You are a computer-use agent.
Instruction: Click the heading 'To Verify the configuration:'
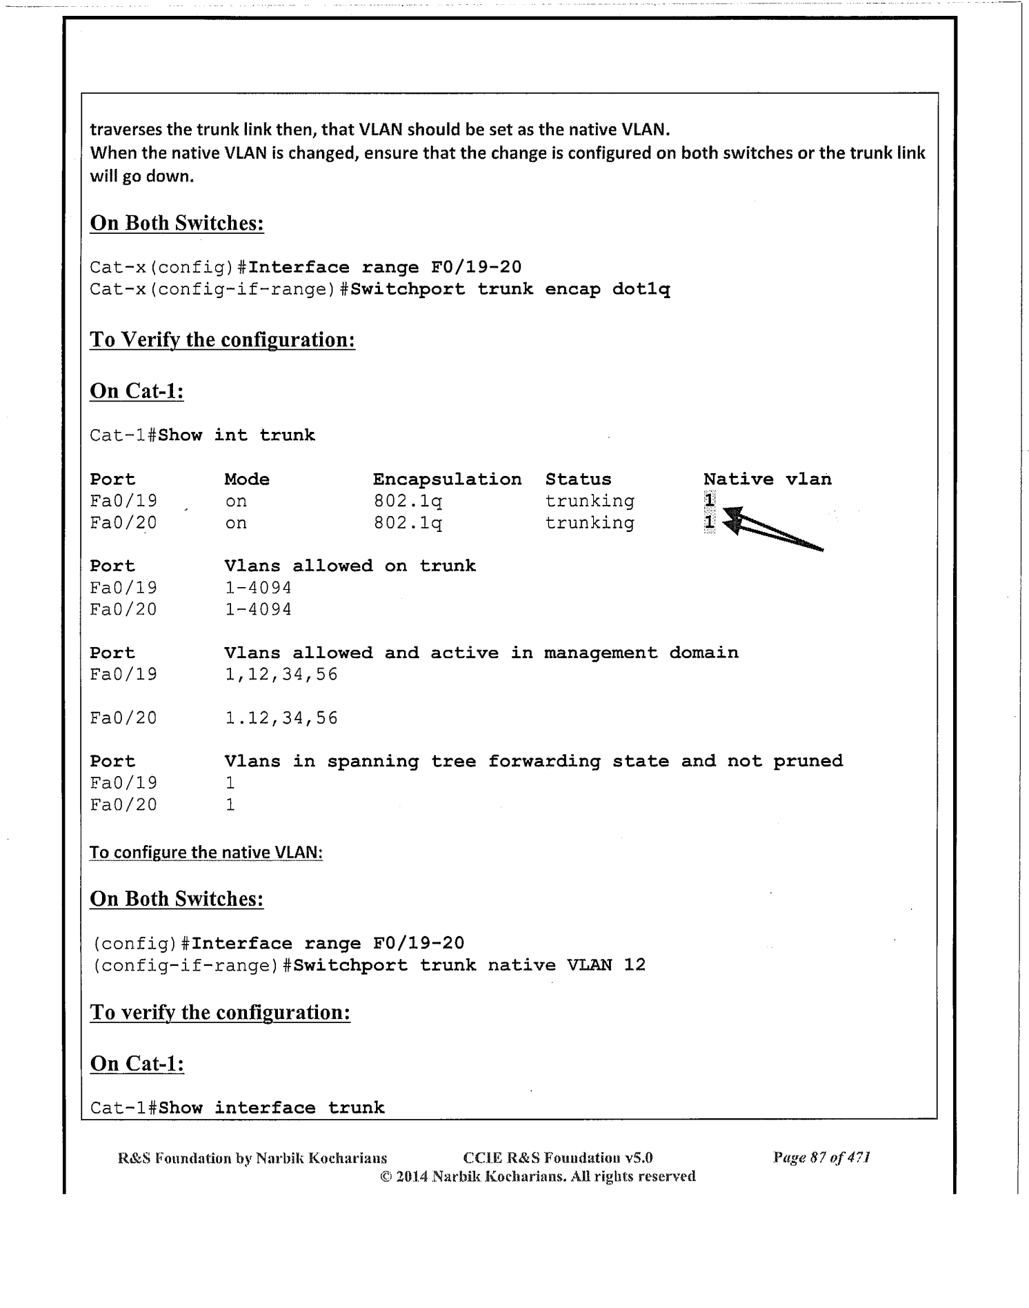click(x=222, y=340)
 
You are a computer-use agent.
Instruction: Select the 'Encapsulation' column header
click(x=447, y=479)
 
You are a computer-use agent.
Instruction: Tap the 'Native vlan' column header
click(x=767, y=479)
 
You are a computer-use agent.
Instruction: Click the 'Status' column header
click(x=578, y=479)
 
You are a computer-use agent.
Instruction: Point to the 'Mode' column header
click(x=247, y=479)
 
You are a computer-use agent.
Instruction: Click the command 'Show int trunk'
click(x=237, y=435)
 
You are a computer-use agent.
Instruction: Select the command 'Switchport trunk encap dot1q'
click(x=510, y=289)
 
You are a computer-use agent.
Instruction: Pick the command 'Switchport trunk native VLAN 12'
click(x=469, y=964)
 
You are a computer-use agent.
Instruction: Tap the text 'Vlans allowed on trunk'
click(x=350, y=566)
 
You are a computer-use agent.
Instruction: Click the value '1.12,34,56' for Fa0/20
click(x=281, y=718)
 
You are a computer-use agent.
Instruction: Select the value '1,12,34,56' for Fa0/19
click(x=281, y=674)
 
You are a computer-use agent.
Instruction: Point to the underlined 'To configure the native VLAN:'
click(x=206, y=853)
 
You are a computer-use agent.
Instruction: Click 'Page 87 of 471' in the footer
click(x=821, y=1158)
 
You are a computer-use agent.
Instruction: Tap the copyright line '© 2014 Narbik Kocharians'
click(x=537, y=1176)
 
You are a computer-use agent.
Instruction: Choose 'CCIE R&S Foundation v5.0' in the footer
click(x=558, y=1158)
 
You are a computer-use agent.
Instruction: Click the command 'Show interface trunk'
click(x=271, y=1108)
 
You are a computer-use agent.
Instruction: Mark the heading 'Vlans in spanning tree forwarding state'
click(x=533, y=762)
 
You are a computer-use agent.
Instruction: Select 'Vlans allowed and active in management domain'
click(x=481, y=653)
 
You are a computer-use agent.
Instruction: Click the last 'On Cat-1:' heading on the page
click(x=137, y=1063)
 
